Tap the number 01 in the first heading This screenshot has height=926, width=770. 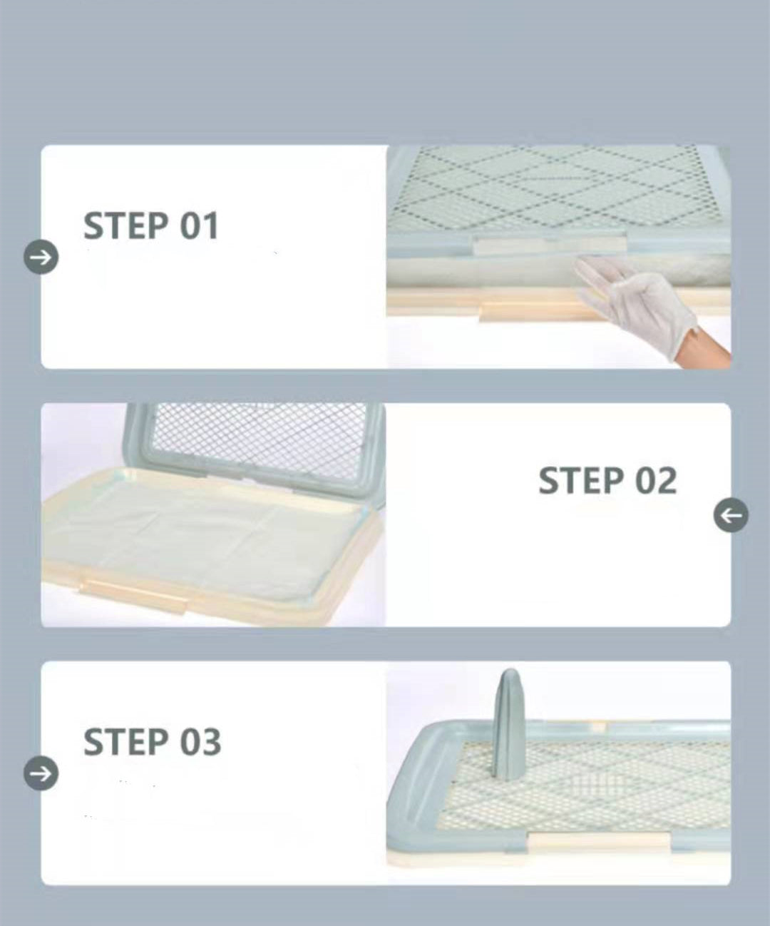198,226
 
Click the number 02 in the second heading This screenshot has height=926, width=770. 655,481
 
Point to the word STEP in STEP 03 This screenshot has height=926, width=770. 125,742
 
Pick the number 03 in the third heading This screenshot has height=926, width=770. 200,742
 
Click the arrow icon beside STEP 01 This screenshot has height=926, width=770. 41,257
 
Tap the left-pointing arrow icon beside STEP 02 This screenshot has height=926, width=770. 731,515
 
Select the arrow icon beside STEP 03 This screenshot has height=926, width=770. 41,773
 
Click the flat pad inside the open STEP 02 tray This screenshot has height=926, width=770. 207,531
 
